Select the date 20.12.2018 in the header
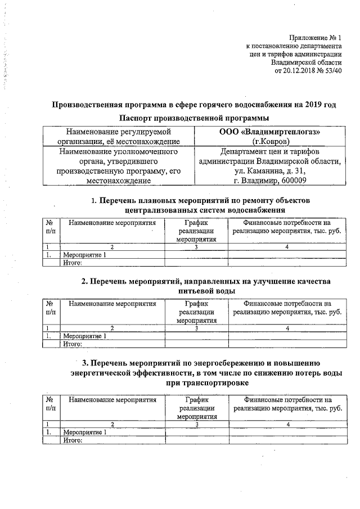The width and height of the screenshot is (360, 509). [x=305, y=71]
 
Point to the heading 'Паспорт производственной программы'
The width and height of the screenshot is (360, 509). [x=194, y=118]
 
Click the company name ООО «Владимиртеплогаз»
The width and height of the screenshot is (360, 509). [x=269, y=132]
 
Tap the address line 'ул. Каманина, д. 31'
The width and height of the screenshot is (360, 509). [x=270, y=171]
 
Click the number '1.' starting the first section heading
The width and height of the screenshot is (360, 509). [x=94, y=200]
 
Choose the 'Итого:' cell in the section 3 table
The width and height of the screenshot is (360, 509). [x=73, y=440]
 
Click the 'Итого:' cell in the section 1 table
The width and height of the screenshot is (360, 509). [x=73, y=262]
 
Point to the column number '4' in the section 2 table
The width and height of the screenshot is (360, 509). [x=287, y=328]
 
